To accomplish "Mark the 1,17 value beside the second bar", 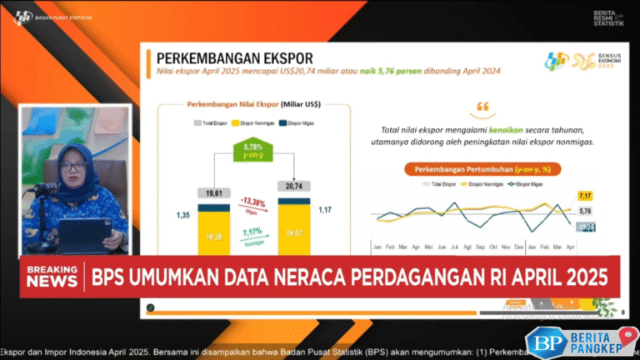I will point(327,210).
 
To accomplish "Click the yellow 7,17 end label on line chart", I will point(584,195).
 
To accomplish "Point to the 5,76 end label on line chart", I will point(585,211).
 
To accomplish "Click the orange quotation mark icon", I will point(482,108).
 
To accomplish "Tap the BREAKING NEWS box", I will point(52,277).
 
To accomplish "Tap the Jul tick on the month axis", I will point(453,247).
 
